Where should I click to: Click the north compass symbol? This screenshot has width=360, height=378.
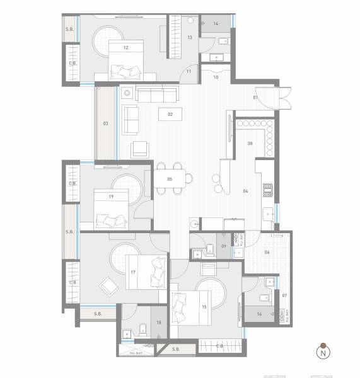323,353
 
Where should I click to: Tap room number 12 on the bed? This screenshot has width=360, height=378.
127,47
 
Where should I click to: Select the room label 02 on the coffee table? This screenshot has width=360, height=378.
170,115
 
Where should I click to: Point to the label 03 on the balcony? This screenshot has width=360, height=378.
106,123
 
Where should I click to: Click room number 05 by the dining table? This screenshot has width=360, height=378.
170,180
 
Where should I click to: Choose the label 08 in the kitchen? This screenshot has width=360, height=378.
250,144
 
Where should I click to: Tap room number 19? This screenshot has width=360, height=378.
111,197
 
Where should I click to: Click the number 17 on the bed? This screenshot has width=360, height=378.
133,272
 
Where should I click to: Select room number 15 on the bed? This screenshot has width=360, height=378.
204,307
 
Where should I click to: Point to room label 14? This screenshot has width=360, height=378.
216,23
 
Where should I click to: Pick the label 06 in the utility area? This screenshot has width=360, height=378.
267,252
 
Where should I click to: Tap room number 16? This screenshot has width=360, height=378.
260,313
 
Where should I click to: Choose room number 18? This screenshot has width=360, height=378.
159,322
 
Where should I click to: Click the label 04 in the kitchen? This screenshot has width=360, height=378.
245,191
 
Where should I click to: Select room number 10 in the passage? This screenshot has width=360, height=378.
216,77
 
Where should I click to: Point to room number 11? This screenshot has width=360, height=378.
188,72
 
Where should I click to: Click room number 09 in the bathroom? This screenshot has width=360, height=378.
224,246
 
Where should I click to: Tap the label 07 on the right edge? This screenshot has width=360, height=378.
284,295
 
